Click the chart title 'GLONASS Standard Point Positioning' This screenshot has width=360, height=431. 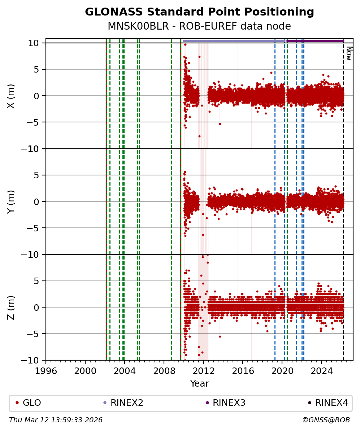tap(199, 12)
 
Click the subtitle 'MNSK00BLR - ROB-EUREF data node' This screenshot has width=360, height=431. tap(199, 26)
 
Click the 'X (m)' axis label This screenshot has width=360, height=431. tap(11, 96)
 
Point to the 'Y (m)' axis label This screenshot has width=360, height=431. tap(11, 201)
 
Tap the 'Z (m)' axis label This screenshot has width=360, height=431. tap(11, 307)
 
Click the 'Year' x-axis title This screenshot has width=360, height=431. tap(199, 384)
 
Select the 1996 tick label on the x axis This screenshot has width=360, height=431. tap(46, 370)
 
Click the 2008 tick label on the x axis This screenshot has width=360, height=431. tap(164, 370)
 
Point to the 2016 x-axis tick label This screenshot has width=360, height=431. tap(243, 370)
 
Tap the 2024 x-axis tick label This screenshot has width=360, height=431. tap(321, 370)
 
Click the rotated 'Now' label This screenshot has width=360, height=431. tap(349, 53)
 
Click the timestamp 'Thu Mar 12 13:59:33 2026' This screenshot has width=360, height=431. tap(56, 420)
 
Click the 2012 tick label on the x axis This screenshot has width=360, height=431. tap(203, 370)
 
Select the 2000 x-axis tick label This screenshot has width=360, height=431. tap(85, 370)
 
